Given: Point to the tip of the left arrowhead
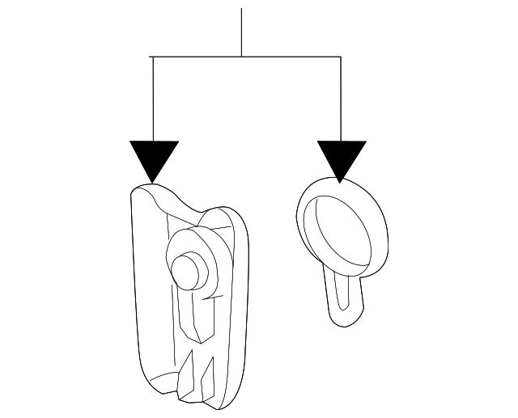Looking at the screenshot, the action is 154,182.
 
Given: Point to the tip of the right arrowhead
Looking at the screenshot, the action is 341,181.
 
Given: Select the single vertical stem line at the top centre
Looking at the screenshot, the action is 242,32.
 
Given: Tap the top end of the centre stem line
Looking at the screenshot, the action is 242,9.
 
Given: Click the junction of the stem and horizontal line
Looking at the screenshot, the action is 242,57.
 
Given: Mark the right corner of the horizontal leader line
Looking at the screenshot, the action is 341,57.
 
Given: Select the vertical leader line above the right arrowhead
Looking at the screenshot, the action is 341,97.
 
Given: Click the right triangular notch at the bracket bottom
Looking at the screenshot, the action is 208,374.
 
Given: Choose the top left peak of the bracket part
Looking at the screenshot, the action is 146,188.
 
